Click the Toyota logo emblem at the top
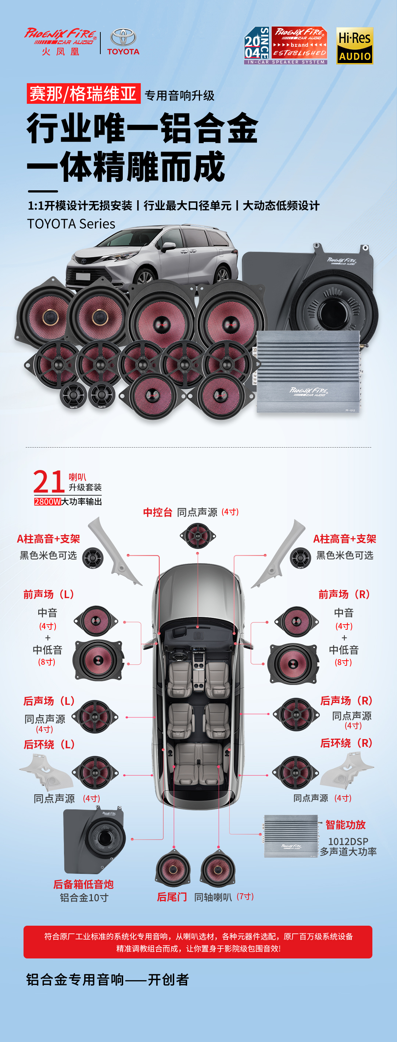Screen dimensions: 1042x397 123,37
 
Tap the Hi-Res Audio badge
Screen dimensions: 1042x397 355,46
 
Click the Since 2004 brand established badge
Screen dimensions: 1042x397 286,46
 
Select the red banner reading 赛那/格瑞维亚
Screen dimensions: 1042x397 83,93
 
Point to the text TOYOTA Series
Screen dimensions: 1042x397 71,224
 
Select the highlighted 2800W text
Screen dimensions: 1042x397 47,502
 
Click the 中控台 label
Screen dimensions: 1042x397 157,512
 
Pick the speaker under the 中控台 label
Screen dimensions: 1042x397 197,536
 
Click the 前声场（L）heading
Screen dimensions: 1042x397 49,594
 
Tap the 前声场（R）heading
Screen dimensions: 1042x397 344,594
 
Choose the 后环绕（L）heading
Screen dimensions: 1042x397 49,744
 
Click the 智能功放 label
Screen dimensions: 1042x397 345,824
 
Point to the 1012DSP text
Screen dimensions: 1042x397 348,841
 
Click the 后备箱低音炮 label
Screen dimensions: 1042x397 83,884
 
